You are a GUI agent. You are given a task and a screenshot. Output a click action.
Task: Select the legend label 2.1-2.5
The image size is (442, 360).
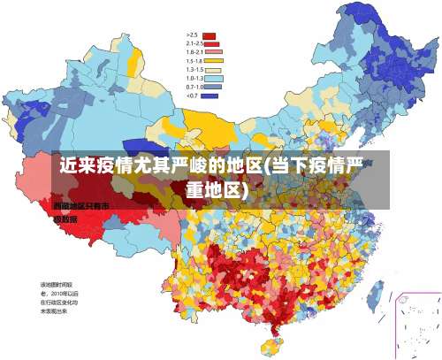(194, 42)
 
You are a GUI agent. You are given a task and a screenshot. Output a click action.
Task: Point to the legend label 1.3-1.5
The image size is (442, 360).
(194, 69)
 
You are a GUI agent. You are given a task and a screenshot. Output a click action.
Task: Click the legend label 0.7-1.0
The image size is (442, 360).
(194, 87)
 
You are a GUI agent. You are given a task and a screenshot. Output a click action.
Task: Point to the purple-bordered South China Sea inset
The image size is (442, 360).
(416, 323)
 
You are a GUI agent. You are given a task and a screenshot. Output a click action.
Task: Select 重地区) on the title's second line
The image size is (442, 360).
(217, 190)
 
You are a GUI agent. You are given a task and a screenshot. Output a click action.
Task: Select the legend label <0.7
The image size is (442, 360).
(192, 96)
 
